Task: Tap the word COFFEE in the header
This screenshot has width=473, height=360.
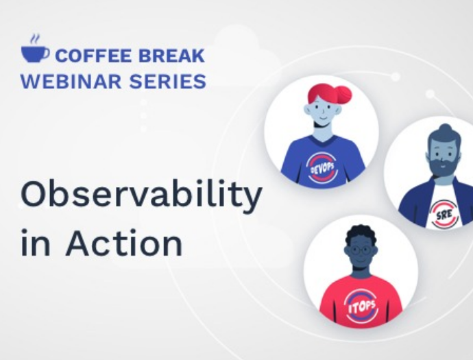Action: (x=94, y=56)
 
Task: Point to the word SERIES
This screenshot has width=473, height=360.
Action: (x=168, y=82)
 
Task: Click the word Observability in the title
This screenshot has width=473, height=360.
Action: (x=141, y=195)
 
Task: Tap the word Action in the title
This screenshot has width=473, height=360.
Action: (x=124, y=242)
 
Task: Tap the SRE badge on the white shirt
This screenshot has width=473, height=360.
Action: (x=444, y=214)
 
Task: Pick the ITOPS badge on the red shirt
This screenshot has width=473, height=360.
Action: (x=362, y=307)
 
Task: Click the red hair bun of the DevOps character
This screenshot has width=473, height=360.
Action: (x=342, y=95)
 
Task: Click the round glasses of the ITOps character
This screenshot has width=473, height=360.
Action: (x=360, y=250)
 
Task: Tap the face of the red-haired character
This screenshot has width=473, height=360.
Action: (x=324, y=112)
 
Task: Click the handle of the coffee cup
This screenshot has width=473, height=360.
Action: (x=45, y=53)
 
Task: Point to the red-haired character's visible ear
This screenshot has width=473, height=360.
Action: (x=308, y=110)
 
